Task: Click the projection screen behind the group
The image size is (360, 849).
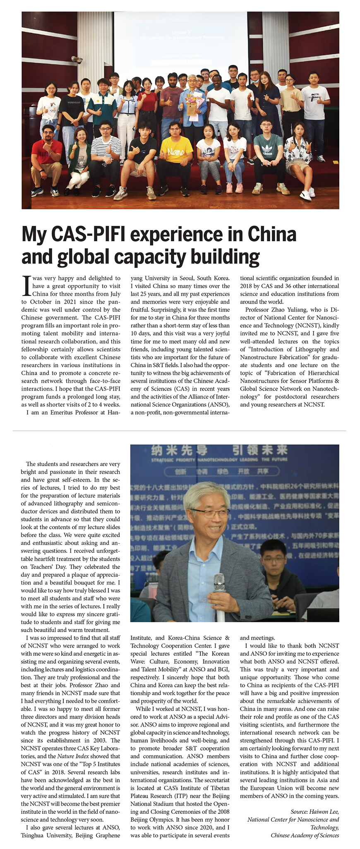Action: pyautogui.click(x=181, y=41)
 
